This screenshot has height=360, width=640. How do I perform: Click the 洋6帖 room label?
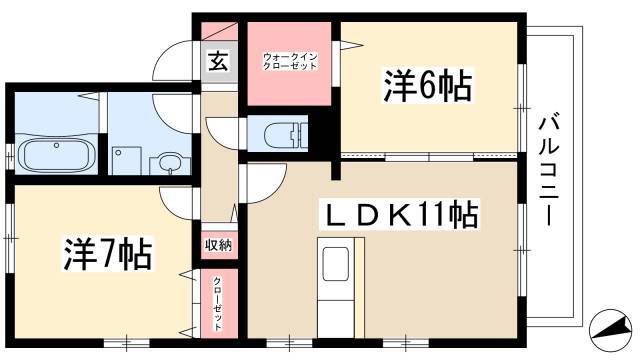pyautogui.click(x=427, y=86)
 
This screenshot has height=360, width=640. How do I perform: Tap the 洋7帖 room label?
pyautogui.click(x=107, y=254)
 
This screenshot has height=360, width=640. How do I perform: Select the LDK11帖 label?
pyautogui.click(x=399, y=214)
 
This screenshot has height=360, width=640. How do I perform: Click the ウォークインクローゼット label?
pyautogui.click(x=289, y=61)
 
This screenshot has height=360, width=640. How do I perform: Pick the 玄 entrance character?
pyautogui.click(x=218, y=61)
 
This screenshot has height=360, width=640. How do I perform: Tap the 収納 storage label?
pyautogui.click(x=218, y=245)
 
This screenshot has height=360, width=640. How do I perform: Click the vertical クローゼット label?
pyautogui.click(x=218, y=304)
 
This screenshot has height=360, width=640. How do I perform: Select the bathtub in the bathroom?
pyautogui.click(x=56, y=156)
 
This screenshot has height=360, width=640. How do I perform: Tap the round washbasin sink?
pyautogui.click(x=168, y=163)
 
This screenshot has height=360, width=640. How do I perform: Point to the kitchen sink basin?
pyautogui.click(x=336, y=264)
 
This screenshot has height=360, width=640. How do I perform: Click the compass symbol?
pyautogui.click(x=611, y=327)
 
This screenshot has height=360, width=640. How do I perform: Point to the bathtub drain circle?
pyautogui.click(x=57, y=145)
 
